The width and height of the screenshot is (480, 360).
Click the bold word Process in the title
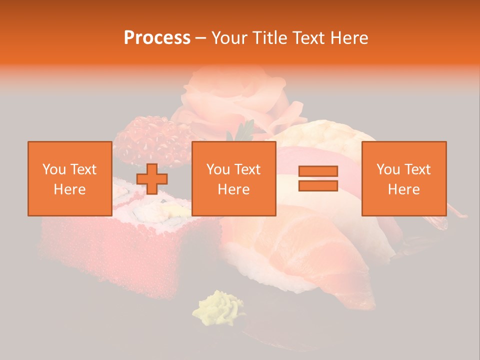(x=157, y=37)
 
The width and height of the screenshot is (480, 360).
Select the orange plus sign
(x=152, y=178)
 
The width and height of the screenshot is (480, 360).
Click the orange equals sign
(x=318, y=178)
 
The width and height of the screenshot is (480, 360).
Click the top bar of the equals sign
(x=318, y=171)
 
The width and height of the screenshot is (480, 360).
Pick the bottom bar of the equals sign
(x=318, y=185)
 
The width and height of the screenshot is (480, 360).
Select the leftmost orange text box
(x=69, y=178)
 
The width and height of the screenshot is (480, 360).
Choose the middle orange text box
(x=233, y=178)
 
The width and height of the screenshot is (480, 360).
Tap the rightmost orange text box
(x=403, y=178)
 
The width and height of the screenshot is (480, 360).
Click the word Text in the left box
(x=82, y=169)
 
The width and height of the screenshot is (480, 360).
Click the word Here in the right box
(x=403, y=189)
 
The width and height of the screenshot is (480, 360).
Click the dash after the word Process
(x=200, y=38)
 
